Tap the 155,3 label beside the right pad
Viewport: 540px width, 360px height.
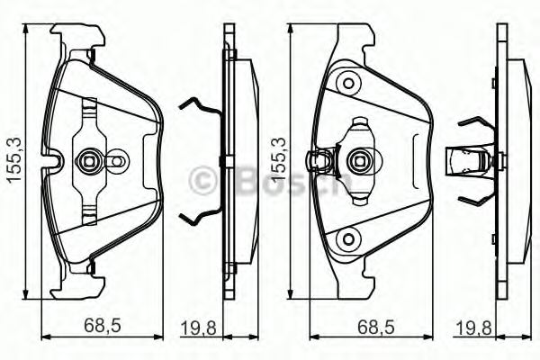(279, 160)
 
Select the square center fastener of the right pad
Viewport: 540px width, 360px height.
(357, 162)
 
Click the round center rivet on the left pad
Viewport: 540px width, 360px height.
(90, 162)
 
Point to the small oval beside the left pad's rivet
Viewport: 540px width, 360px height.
(117, 162)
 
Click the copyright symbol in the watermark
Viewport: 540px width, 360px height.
(204, 180)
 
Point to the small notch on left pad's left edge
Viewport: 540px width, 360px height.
(54, 163)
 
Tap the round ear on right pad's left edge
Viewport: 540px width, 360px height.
(316, 162)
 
